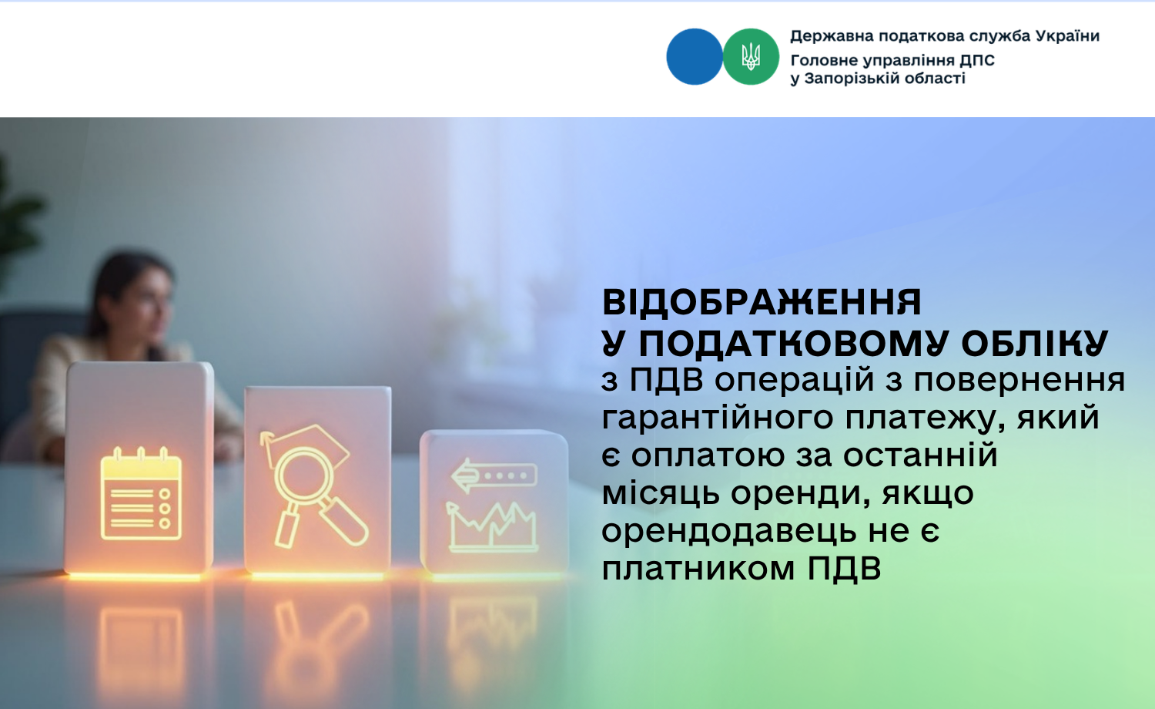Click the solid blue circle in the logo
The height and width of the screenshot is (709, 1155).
[694, 57]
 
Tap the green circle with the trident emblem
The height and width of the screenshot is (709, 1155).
[751, 57]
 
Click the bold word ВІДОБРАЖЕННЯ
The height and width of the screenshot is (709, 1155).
[762, 302]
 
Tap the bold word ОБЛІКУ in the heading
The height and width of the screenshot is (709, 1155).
[1034, 343]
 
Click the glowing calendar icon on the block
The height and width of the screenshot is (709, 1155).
[141, 494]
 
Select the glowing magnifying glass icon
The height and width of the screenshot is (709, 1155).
[313, 485]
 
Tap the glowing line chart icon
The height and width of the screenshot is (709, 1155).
[492, 527]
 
